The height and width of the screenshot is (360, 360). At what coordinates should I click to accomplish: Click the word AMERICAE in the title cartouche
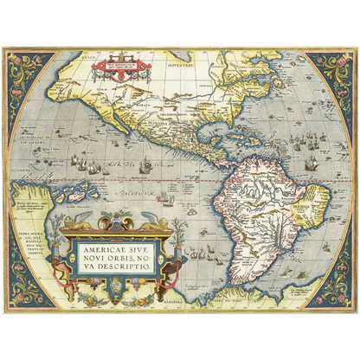pos(102,251)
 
